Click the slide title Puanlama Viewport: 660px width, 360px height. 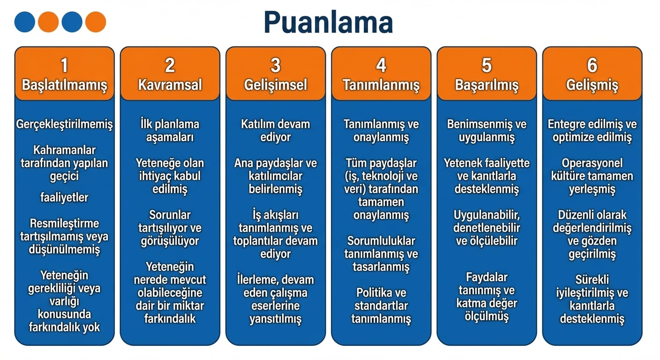click(x=328, y=22)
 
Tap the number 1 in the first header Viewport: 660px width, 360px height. click(x=64, y=65)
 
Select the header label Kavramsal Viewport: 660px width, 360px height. click(x=170, y=85)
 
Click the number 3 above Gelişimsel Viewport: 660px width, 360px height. click(x=276, y=65)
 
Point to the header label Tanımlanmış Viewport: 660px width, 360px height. click(x=381, y=85)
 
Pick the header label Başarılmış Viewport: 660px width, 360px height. click(x=487, y=85)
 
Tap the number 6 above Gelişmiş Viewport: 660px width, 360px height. click(x=592, y=65)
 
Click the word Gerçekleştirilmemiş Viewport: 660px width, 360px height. click(x=64, y=125)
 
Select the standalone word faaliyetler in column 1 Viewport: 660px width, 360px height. click(x=64, y=197)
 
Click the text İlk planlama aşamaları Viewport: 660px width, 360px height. click(x=170, y=131)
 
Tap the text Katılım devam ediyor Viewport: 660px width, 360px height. click(x=276, y=131)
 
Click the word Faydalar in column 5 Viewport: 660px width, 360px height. click(x=487, y=277)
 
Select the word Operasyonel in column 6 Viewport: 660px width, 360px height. click(x=592, y=163)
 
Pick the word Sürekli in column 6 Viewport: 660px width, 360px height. click(x=592, y=280)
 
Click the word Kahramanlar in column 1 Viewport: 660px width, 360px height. click(x=64, y=150)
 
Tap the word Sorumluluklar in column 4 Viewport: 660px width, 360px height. click(x=381, y=241)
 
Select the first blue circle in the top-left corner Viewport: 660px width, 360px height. click(x=25, y=22)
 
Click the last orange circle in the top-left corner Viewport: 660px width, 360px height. click(x=96, y=22)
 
